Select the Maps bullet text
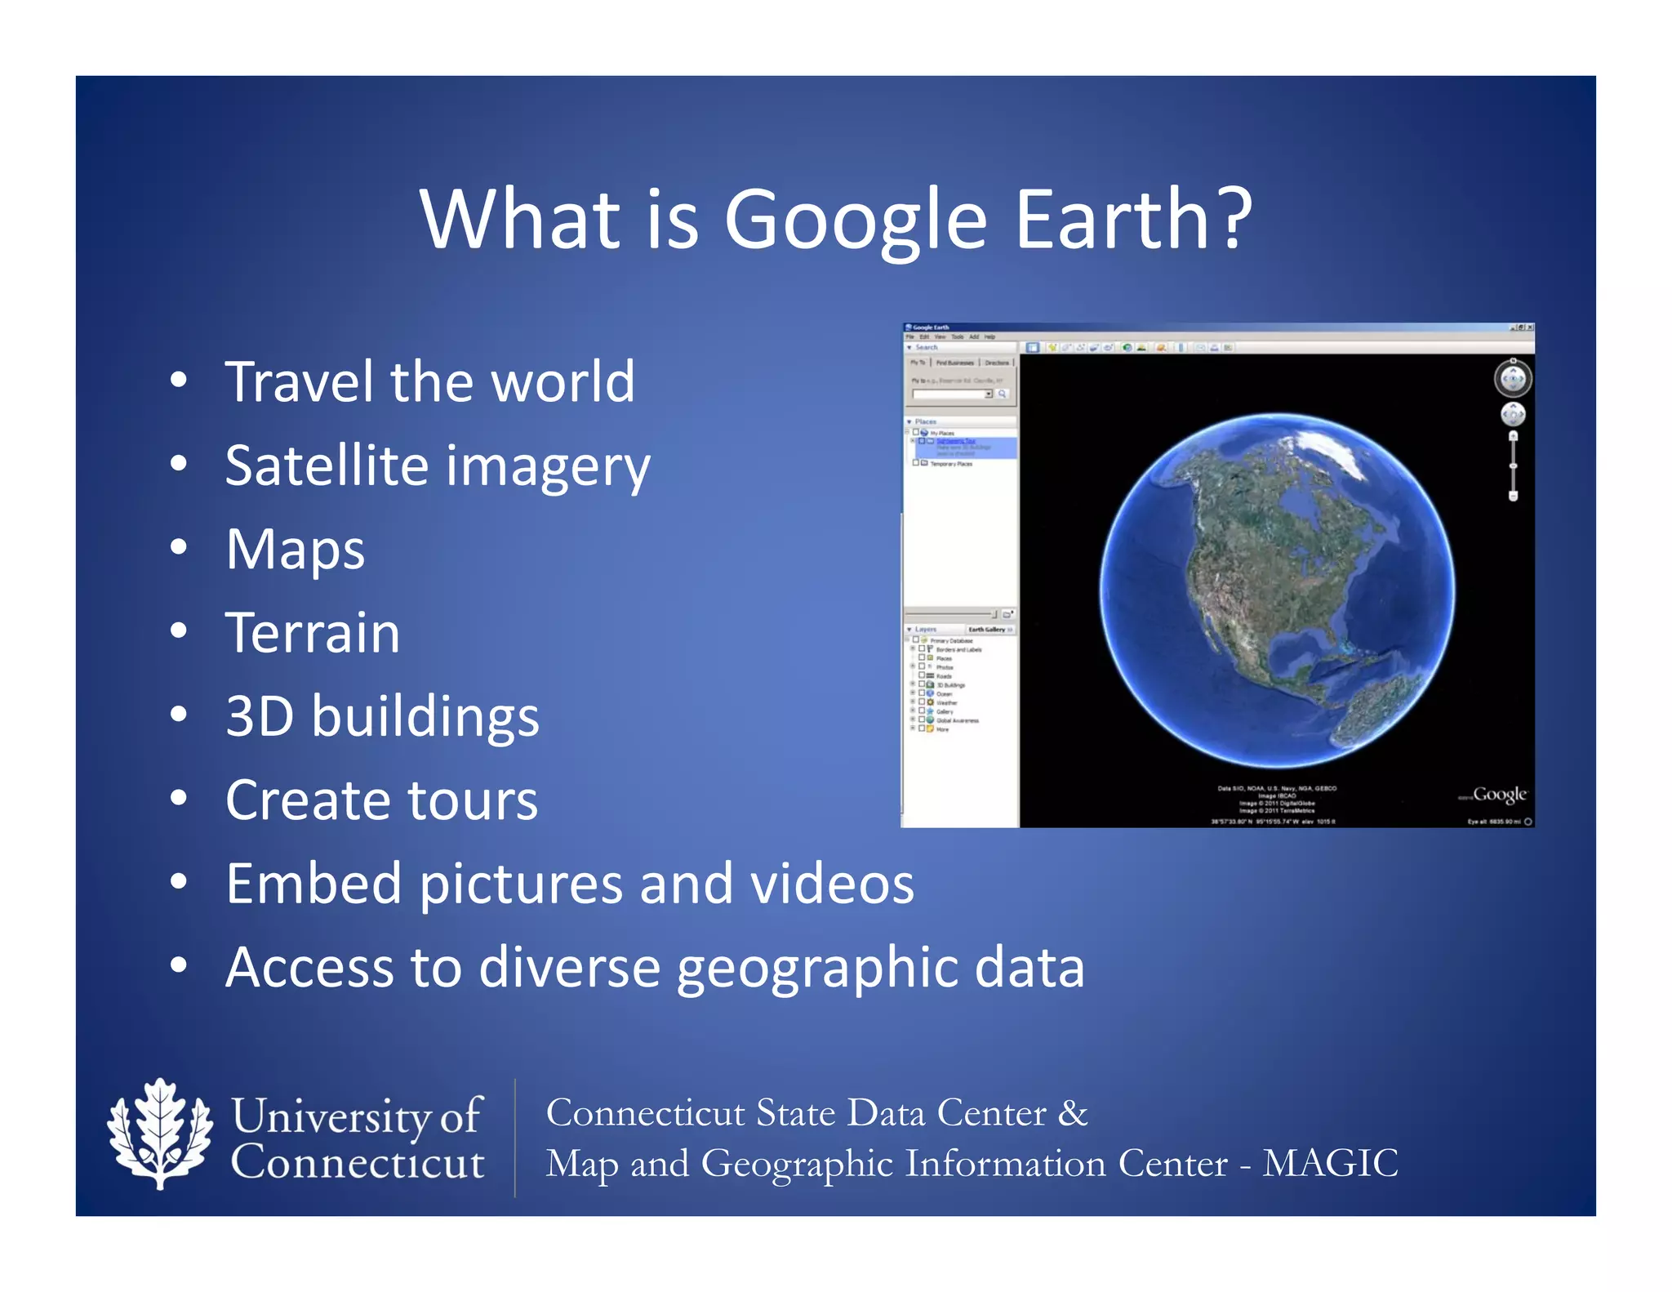296,550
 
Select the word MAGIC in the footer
1330,1164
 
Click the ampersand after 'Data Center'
1073,1113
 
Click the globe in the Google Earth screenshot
1276,590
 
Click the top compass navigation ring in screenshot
1512,379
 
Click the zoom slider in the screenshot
1513,466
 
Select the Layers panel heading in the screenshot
925,630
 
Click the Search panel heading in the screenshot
926,347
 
